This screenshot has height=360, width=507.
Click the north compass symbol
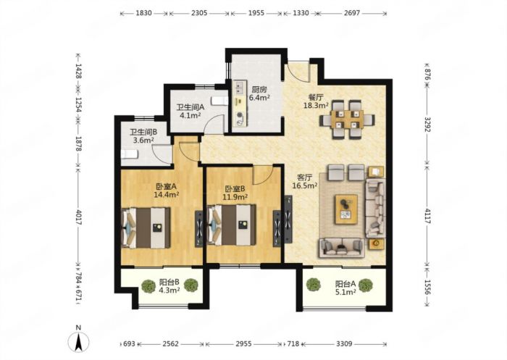pyautogui.click(x=78, y=341)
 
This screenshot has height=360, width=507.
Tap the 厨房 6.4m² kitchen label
pyautogui.click(x=259, y=93)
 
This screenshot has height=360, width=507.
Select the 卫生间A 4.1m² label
pyautogui.click(x=190, y=111)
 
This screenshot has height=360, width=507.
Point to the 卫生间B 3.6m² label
pyautogui.click(x=143, y=136)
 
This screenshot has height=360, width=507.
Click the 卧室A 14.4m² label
pyautogui.click(x=166, y=191)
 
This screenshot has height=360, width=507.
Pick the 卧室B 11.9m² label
pyautogui.click(x=235, y=193)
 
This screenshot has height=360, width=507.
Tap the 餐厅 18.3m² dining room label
pyautogui.click(x=316, y=101)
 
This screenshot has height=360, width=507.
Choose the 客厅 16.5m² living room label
pyautogui.click(x=305, y=182)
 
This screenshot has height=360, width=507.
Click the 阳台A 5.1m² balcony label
pyautogui.click(x=345, y=288)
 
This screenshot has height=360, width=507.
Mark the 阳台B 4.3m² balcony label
pyautogui.click(x=169, y=286)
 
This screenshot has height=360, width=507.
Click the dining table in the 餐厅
pyautogui.click(x=347, y=120)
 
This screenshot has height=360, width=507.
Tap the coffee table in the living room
pyautogui.click(x=346, y=209)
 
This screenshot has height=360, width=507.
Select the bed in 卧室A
pyautogui.click(x=146, y=228)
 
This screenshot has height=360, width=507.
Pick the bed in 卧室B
pyautogui.click(x=231, y=225)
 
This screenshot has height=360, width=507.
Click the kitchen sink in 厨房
pyautogui.click(x=240, y=87)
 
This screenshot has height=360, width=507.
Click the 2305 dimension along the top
pyautogui.click(x=199, y=13)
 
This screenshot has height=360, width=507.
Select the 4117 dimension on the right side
pyautogui.click(x=427, y=216)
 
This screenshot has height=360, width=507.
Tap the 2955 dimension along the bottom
pyautogui.click(x=243, y=344)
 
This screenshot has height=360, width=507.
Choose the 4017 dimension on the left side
pyautogui.click(x=78, y=217)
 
